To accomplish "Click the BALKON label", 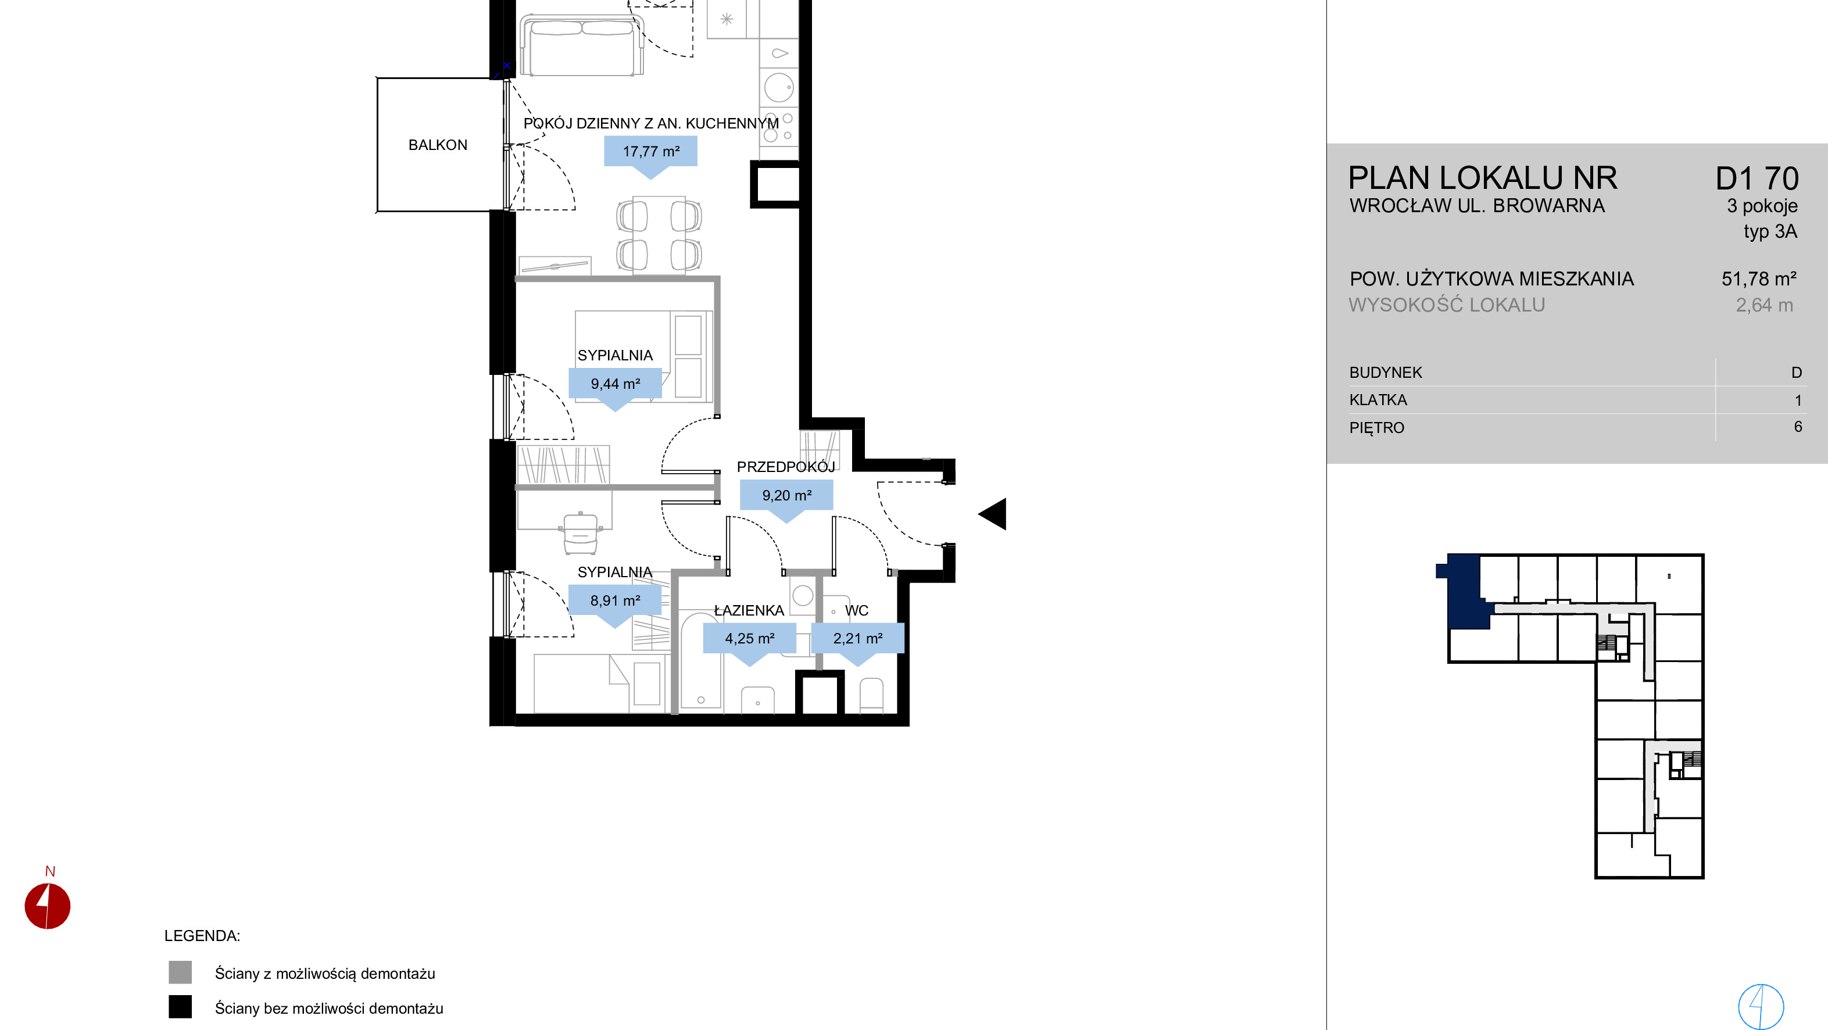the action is pos(438,145).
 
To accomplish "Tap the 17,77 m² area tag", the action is pos(651,154).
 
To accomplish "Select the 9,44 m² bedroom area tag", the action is pos(616,387).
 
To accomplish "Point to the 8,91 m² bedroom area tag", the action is pos(616,603).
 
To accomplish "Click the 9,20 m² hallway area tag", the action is pos(786,498).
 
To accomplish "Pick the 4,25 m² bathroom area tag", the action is pos(749,641).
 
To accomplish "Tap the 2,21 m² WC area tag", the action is pos(858,641).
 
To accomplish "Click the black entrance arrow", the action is pos(993,514).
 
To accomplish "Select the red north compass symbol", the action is pos(48,906).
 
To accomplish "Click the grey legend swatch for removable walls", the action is pos(180,972).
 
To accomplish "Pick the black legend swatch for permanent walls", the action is pos(180,1007).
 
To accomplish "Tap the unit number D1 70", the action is pos(1757,179).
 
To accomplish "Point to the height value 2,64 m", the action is pos(1765,305).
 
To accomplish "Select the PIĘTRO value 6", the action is pos(1798,427).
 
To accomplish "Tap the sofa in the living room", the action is pos(582,45).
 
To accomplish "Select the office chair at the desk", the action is pos(581,533).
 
